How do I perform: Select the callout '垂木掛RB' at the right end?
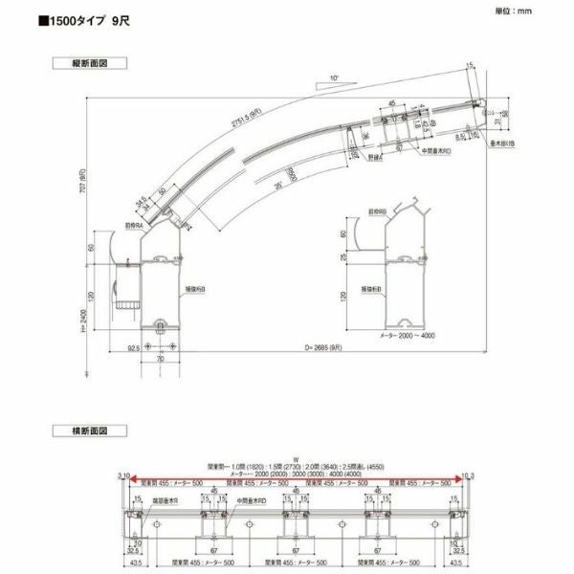point(503,143)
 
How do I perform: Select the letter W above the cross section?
point(296,457)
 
